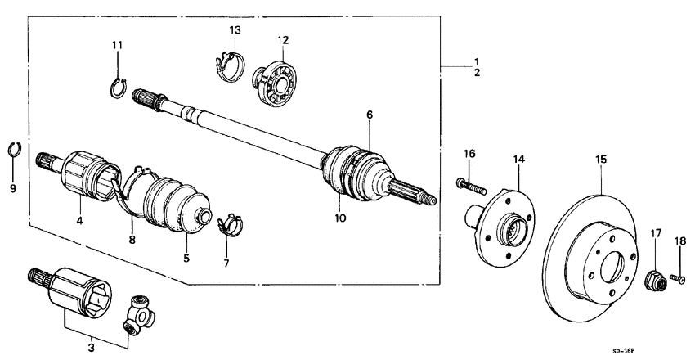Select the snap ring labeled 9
13,148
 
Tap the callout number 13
235,29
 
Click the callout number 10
340,218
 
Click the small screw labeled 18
675,279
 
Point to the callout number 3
91,348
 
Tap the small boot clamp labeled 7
231,222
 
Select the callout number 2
477,73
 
